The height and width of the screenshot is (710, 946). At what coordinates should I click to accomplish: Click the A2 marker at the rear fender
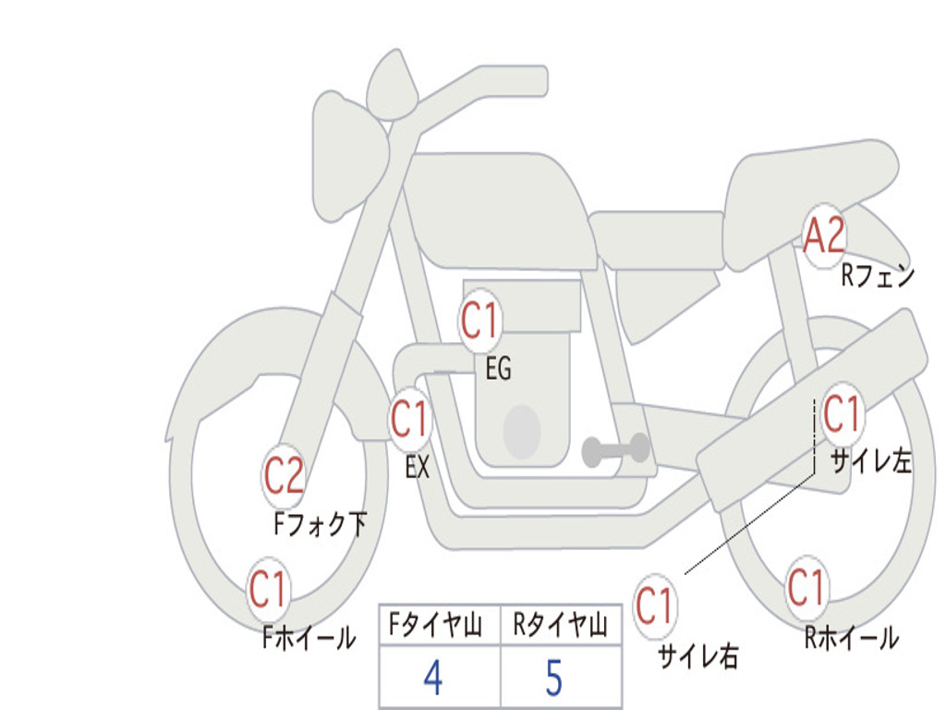click(825, 236)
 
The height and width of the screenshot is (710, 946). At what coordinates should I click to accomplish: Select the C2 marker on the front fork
click(284, 476)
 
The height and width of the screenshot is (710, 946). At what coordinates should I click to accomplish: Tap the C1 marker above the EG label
click(480, 320)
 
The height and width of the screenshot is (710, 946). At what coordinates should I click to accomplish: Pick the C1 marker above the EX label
click(410, 419)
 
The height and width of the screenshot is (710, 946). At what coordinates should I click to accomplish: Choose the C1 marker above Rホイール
click(807, 587)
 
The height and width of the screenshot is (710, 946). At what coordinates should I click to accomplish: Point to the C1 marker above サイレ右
click(655, 606)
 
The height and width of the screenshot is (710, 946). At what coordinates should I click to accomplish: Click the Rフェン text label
click(879, 276)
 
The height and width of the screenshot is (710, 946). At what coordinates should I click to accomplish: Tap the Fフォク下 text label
click(321, 523)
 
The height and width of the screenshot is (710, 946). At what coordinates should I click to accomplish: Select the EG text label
click(498, 368)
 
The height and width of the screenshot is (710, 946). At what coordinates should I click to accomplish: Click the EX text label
click(418, 467)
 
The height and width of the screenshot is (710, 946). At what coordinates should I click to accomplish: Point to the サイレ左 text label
click(871, 461)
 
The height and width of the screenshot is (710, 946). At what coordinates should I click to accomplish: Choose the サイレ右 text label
click(698, 655)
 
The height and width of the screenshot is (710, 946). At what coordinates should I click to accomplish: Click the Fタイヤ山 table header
click(436, 624)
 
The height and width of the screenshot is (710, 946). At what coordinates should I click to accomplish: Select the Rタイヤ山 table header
click(561, 624)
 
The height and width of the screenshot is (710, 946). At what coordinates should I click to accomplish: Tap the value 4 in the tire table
click(433, 678)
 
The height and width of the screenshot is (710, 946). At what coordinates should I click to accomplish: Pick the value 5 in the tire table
click(554, 678)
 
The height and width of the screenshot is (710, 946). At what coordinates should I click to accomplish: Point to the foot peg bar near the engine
click(615, 448)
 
